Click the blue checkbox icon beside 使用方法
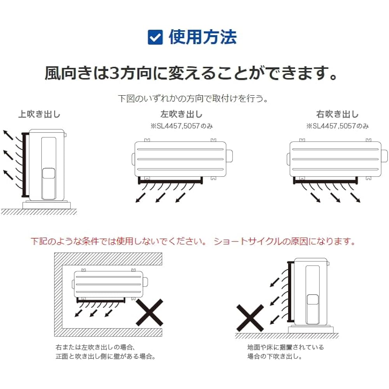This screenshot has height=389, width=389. pos(155,38)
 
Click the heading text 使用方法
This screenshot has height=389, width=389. pos(202,37)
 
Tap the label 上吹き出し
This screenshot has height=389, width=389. pos(39,114)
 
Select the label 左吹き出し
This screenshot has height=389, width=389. pos(181,114)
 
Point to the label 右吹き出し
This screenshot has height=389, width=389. pos(337,114)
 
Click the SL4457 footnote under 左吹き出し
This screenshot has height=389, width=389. pos(182,126)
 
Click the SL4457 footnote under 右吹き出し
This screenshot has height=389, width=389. pos(337,126)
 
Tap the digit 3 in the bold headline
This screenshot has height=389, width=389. pos(116,73)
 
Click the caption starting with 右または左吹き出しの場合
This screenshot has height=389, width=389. pos(95,347)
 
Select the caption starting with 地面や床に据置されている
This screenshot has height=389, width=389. pos(285,347)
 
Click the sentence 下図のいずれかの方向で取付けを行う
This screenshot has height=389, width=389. pos(193,98)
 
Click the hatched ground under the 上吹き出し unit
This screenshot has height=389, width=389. pos(39,212)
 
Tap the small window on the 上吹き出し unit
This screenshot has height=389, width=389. pos(48,173)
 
